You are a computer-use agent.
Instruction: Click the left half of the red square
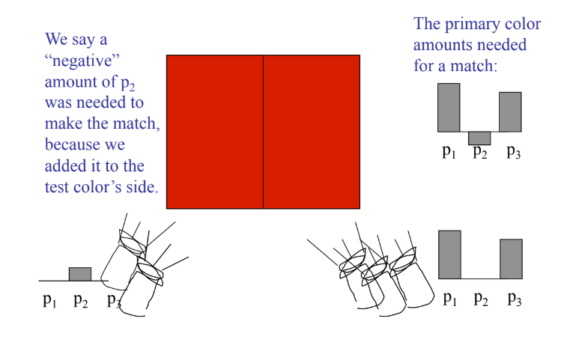pyautogui.click(x=215, y=132)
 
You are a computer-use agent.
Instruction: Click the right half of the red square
pyautogui.click(x=312, y=132)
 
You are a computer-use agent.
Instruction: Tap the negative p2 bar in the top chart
pyautogui.click(x=479, y=138)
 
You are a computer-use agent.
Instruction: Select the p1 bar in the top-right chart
pyautogui.click(x=449, y=108)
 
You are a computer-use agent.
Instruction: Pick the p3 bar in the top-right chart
pyautogui.click(x=510, y=112)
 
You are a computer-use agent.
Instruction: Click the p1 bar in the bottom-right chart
pyautogui.click(x=449, y=254)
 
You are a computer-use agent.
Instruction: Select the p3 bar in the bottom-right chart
pyautogui.click(x=512, y=259)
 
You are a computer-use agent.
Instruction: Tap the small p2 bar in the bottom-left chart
pyautogui.click(x=80, y=274)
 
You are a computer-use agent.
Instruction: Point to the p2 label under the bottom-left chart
pyautogui.click(x=81, y=301)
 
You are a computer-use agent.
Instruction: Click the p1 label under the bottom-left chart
pyautogui.click(x=49, y=301)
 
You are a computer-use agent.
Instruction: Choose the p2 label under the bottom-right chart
pyautogui.click(x=481, y=299)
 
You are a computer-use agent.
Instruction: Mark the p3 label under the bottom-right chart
pyautogui.click(x=515, y=299)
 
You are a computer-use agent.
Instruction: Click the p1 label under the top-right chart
pyautogui.click(x=449, y=152)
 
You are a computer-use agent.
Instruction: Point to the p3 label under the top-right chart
pyautogui.click(x=514, y=152)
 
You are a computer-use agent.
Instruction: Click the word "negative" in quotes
pyautogui.click(x=82, y=61)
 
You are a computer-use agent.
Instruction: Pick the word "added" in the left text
pyautogui.click(x=62, y=165)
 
